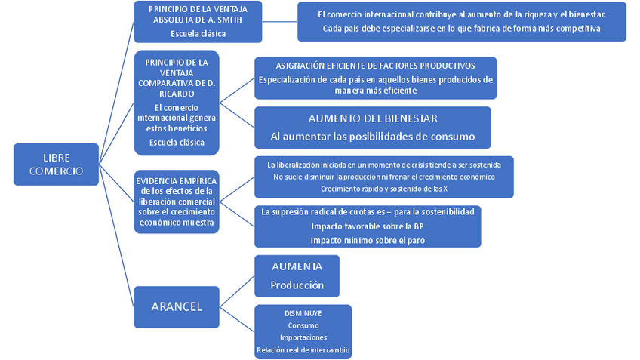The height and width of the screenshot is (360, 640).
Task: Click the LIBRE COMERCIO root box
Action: coord(56,165)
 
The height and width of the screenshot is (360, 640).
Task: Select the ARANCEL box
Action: coord(176,306)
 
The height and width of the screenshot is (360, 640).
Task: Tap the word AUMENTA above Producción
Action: coord(297,266)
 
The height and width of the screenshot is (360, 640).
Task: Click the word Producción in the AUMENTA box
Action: coord(297,285)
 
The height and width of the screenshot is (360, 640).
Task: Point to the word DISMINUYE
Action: coord(303,312)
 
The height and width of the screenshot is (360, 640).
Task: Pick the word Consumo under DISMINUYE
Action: coord(303,325)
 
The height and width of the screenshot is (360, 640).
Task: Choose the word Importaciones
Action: coord(303,337)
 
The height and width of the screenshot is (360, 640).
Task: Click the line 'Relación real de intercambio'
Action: coord(303,349)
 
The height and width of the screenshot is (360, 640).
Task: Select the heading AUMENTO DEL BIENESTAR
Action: coord(373,118)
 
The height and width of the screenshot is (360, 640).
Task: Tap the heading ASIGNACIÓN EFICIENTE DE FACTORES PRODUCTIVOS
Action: coord(375,66)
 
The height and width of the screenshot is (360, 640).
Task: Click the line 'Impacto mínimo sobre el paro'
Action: coord(368,240)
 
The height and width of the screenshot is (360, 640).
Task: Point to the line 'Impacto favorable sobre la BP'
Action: coord(368,226)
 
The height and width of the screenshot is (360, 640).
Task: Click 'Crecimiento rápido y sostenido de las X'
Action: coord(381,189)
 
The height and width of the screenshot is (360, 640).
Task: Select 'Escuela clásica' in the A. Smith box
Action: coord(198,34)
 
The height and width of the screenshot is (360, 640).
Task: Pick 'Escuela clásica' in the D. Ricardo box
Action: coord(175,142)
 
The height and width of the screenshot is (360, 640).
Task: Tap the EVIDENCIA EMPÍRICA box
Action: coord(176,201)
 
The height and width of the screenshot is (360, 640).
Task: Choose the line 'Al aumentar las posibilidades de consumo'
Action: coord(373,137)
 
